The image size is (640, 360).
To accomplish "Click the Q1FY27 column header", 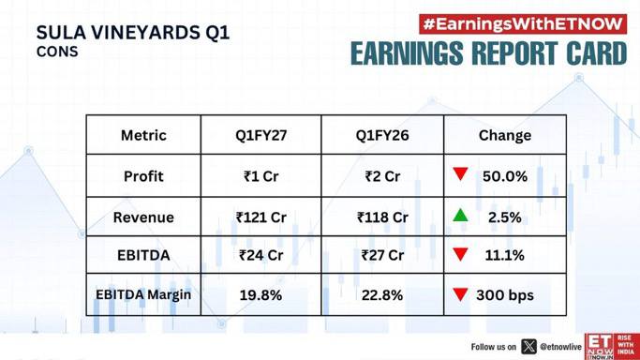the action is (x=260, y=135).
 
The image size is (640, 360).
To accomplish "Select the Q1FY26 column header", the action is (x=382, y=135).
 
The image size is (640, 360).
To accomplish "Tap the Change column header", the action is (x=505, y=135).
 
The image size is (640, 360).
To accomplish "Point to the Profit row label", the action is (x=143, y=176).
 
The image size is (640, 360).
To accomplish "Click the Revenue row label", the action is (x=143, y=217).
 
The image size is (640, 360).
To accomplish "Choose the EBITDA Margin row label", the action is (x=143, y=294).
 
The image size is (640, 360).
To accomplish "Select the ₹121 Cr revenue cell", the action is (x=260, y=217).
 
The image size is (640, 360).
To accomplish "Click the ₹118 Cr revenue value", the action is (x=382, y=217).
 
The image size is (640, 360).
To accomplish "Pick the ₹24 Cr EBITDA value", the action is (x=260, y=255).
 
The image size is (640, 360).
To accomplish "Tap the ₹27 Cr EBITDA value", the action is (x=382, y=255).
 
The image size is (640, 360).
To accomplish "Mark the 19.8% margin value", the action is (x=260, y=295).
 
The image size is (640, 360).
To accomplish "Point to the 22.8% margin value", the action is (x=382, y=295).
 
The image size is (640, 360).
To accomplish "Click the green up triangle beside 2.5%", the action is (x=460, y=216).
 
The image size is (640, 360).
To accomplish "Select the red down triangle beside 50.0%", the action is (x=460, y=173).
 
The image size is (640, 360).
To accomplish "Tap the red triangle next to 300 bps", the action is (x=460, y=293).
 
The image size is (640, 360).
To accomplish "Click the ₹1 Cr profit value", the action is (x=260, y=176).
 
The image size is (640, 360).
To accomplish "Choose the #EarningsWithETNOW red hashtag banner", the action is (x=523, y=24).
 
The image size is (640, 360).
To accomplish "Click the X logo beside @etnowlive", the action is (x=529, y=347).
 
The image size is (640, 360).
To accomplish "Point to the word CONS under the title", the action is (x=57, y=52).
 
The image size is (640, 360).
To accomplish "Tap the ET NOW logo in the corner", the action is (x=612, y=347).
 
